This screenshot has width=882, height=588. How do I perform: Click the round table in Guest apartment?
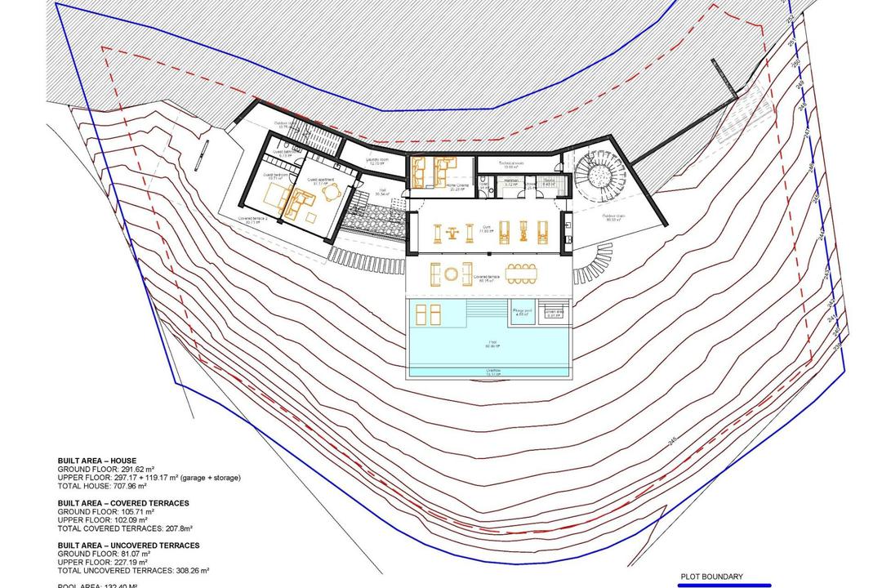[312, 216]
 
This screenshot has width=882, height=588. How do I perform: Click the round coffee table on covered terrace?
[449, 274]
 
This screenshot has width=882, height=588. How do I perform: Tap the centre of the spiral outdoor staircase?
[599, 174]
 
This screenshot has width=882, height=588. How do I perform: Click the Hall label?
[381, 194]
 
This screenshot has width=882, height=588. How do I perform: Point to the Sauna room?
[549, 184]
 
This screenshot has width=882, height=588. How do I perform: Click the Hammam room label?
[511, 184]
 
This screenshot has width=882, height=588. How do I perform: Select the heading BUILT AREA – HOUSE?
[97, 461]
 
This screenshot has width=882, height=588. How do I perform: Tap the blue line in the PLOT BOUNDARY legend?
[724, 584]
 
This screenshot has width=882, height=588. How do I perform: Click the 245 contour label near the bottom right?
[672, 442]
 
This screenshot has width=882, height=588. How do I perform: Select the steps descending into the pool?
[485, 311]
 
